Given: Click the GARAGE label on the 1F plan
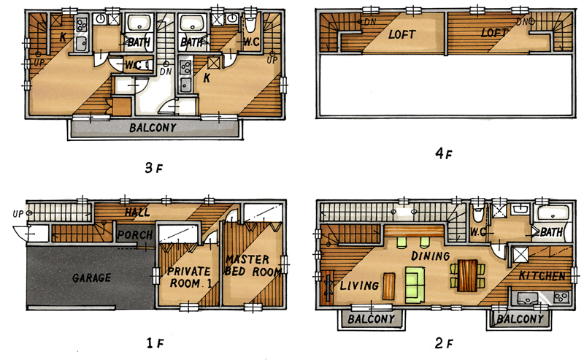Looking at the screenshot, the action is click(92, 277).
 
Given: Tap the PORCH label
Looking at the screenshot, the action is click(135, 235).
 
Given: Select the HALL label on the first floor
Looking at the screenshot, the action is click(137, 212).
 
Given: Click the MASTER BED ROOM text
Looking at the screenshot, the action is click(253, 265).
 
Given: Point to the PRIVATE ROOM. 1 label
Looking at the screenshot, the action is click(190, 277).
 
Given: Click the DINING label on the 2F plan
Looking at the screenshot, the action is click(430, 256).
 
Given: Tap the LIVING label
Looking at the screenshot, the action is click(359, 286).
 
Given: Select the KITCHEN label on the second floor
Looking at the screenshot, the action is click(542, 276).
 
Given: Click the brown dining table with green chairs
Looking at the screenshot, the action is click(468, 276).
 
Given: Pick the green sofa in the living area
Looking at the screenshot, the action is click(415, 284).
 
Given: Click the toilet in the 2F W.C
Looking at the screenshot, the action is click(477, 214).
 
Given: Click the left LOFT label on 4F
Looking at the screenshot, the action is click(401, 34).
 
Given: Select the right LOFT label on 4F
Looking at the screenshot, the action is click(494, 33).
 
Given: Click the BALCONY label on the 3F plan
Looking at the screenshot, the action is click(153, 128).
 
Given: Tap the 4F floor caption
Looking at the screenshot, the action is click(443, 153).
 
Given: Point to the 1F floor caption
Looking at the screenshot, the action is click(154, 343).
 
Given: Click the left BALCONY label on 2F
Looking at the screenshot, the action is click(371, 319).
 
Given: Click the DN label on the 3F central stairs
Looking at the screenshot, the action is click(166, 71).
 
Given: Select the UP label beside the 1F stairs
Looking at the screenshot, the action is click(18, 214).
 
